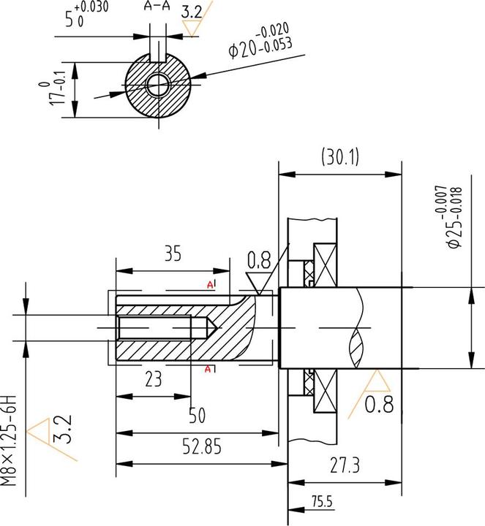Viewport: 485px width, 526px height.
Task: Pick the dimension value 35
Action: [172, 254]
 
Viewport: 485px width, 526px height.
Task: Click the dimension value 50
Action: [197, 415]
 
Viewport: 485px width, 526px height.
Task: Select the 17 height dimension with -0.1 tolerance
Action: [58, 91]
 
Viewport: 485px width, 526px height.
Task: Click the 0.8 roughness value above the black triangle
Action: [258, 259]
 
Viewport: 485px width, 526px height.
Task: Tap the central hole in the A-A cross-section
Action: [156, 85]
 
